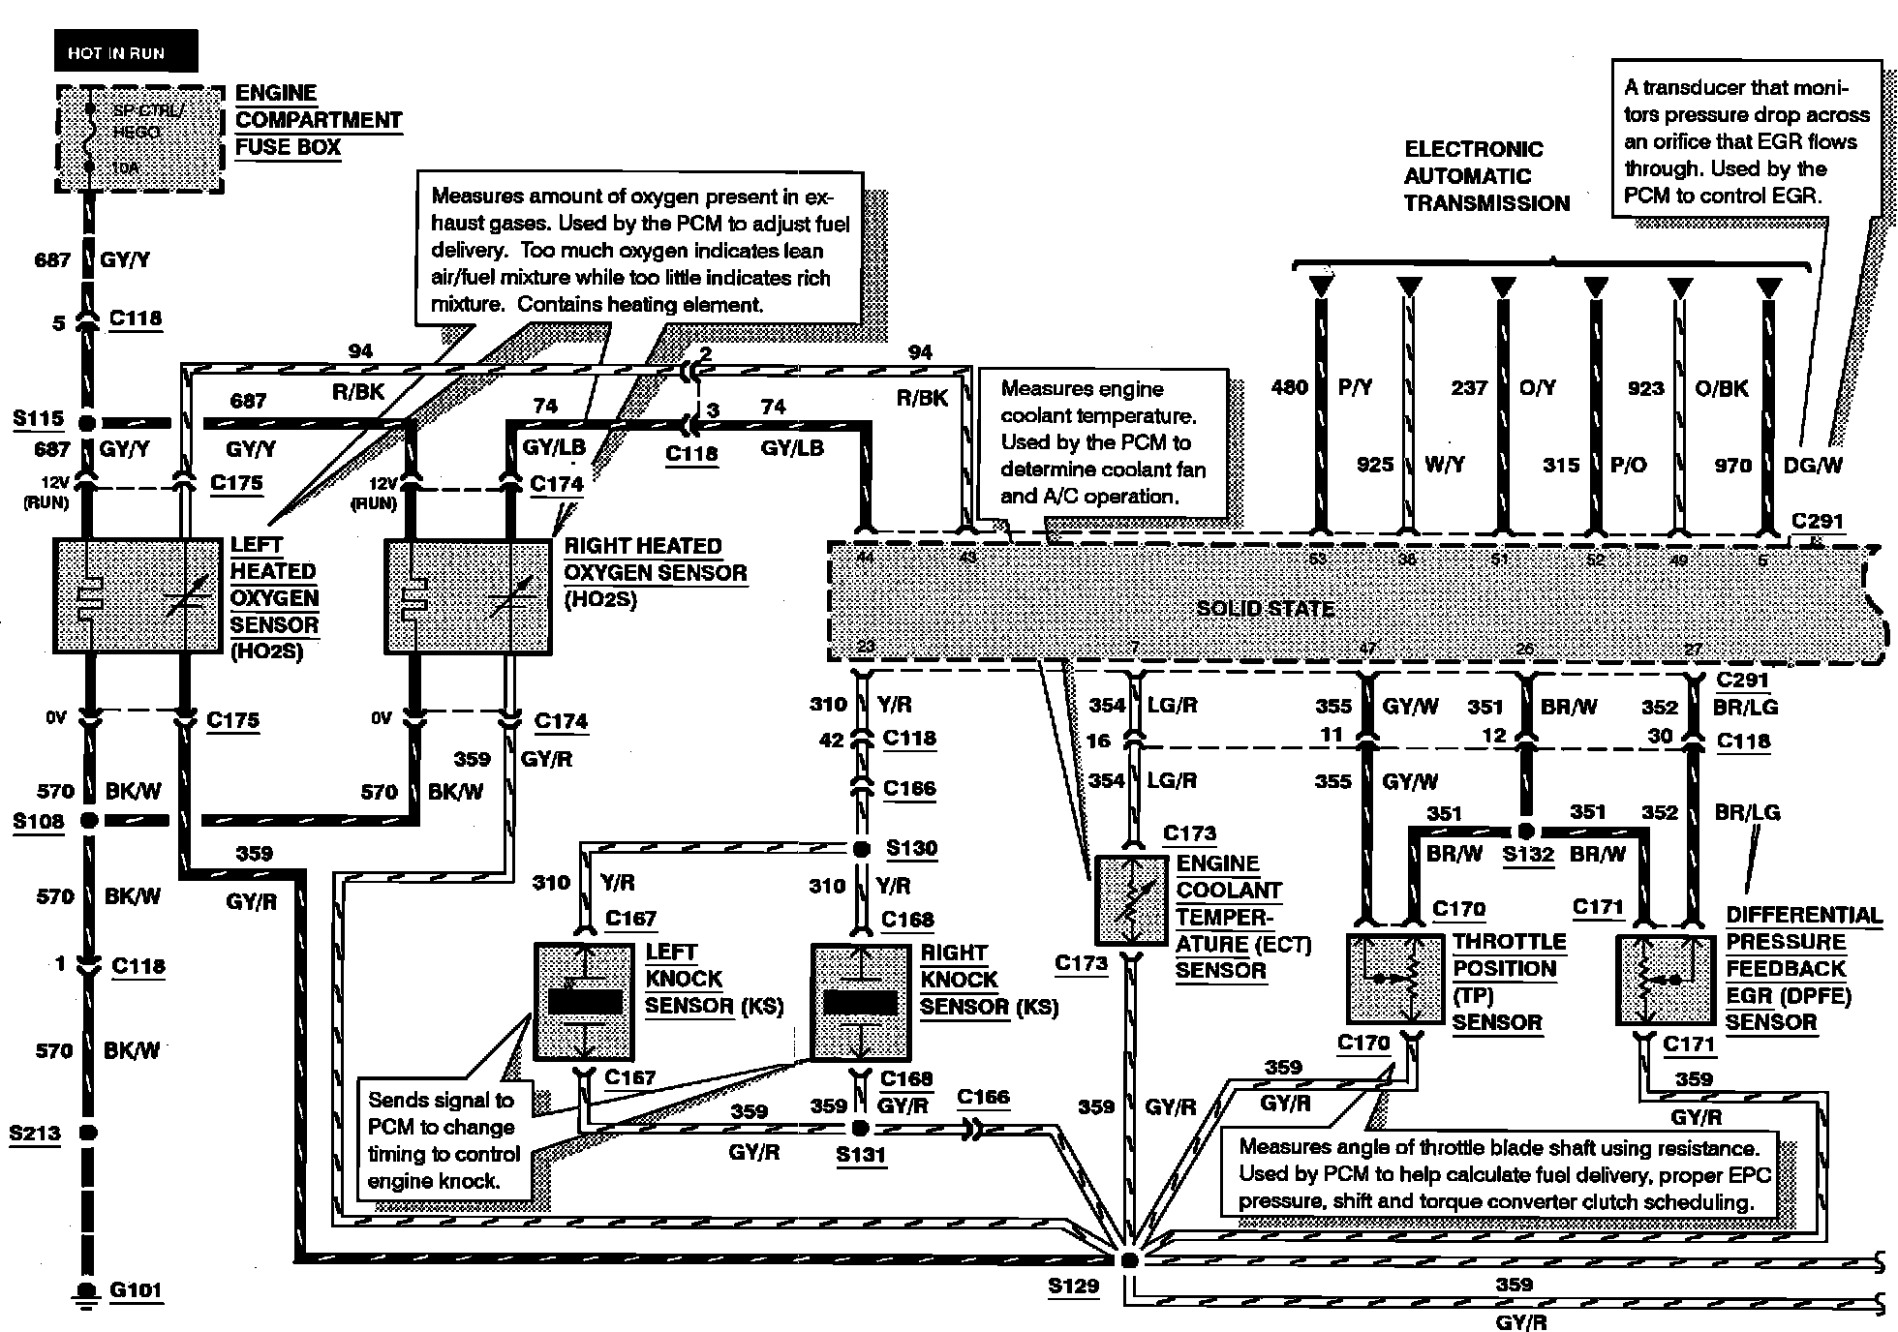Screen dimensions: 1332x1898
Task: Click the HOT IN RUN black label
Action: click(x=116, y=52)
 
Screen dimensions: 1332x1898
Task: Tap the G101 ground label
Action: click(x=136, y=1289)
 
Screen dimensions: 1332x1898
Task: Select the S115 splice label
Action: click(x=38, y=418)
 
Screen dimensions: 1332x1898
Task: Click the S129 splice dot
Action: click(x=1128, y=1260)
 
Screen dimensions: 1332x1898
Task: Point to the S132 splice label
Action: click(x=1527, y=855)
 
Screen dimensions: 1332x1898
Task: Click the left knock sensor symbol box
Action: click(x=584, y=1002)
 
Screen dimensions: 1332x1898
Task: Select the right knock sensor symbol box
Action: click(x=859, y=1002)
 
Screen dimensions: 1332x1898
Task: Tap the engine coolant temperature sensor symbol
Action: click(x=1131, y=900)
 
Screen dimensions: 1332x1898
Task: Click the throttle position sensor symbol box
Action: click(x=1391, y=978)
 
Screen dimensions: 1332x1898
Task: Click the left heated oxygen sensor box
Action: click(x=137, y=595)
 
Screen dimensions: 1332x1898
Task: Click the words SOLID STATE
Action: click(x=1265, y=608)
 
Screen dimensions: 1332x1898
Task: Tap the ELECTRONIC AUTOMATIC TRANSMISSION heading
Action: click(x=1486, y=176)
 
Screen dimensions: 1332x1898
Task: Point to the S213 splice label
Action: click(x=35, y=1133)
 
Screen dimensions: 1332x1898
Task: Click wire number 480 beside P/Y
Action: click(x=1289, y=387)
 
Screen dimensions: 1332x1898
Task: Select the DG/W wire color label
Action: click(x=1813, y=466)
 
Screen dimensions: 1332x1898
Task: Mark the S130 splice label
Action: click(x=911, y=849)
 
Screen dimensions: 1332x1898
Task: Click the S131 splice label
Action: click(x=861, y=1154)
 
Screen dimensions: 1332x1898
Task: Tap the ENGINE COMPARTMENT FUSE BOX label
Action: click(x=318, y=120)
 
